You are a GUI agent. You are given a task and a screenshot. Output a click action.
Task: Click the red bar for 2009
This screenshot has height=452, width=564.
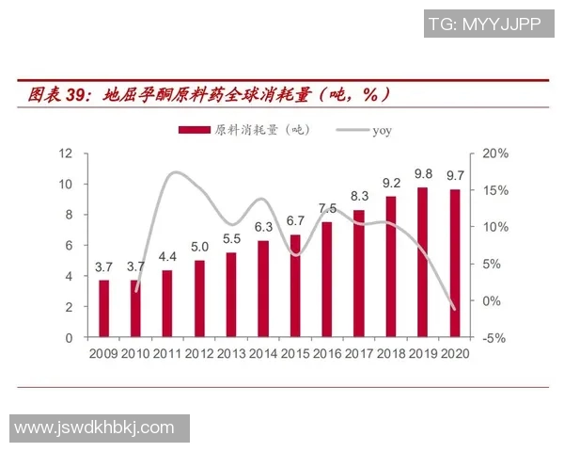[104, 309]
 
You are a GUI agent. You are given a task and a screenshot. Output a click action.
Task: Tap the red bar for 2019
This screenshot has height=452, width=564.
[423, 262]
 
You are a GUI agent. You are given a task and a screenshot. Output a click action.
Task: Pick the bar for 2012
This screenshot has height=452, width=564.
[200, 299]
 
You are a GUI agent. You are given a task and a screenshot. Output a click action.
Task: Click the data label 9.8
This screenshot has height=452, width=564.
[423, 174]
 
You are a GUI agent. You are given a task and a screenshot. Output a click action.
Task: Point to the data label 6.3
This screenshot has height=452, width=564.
[263, 227]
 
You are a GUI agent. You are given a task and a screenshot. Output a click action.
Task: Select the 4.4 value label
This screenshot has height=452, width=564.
[168, 256]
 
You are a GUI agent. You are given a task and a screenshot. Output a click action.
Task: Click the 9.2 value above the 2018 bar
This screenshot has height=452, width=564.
[391, 183]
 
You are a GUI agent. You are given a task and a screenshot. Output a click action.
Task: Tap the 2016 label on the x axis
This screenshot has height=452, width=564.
[327, 353]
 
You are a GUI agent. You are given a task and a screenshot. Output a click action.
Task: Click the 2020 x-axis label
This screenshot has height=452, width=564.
[454, 353]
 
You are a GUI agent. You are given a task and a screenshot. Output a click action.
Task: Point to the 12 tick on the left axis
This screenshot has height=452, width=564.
[66, 153]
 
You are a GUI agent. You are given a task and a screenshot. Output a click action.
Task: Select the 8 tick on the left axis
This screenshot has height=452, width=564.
[70, 215]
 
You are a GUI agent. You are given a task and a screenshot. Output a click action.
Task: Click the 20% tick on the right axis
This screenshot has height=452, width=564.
[495, 153]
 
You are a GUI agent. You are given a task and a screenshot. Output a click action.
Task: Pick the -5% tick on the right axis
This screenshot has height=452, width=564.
[495, 337]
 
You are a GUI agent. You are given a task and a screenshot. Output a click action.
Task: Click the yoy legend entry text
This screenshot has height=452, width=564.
[382, 130]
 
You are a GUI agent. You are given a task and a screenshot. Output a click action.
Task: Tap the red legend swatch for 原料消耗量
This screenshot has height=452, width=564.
[194, 130]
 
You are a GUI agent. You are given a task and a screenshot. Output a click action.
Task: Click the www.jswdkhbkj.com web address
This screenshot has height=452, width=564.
[95, 428]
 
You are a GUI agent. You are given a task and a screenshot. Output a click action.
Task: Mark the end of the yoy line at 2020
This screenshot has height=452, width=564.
[455, 308]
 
